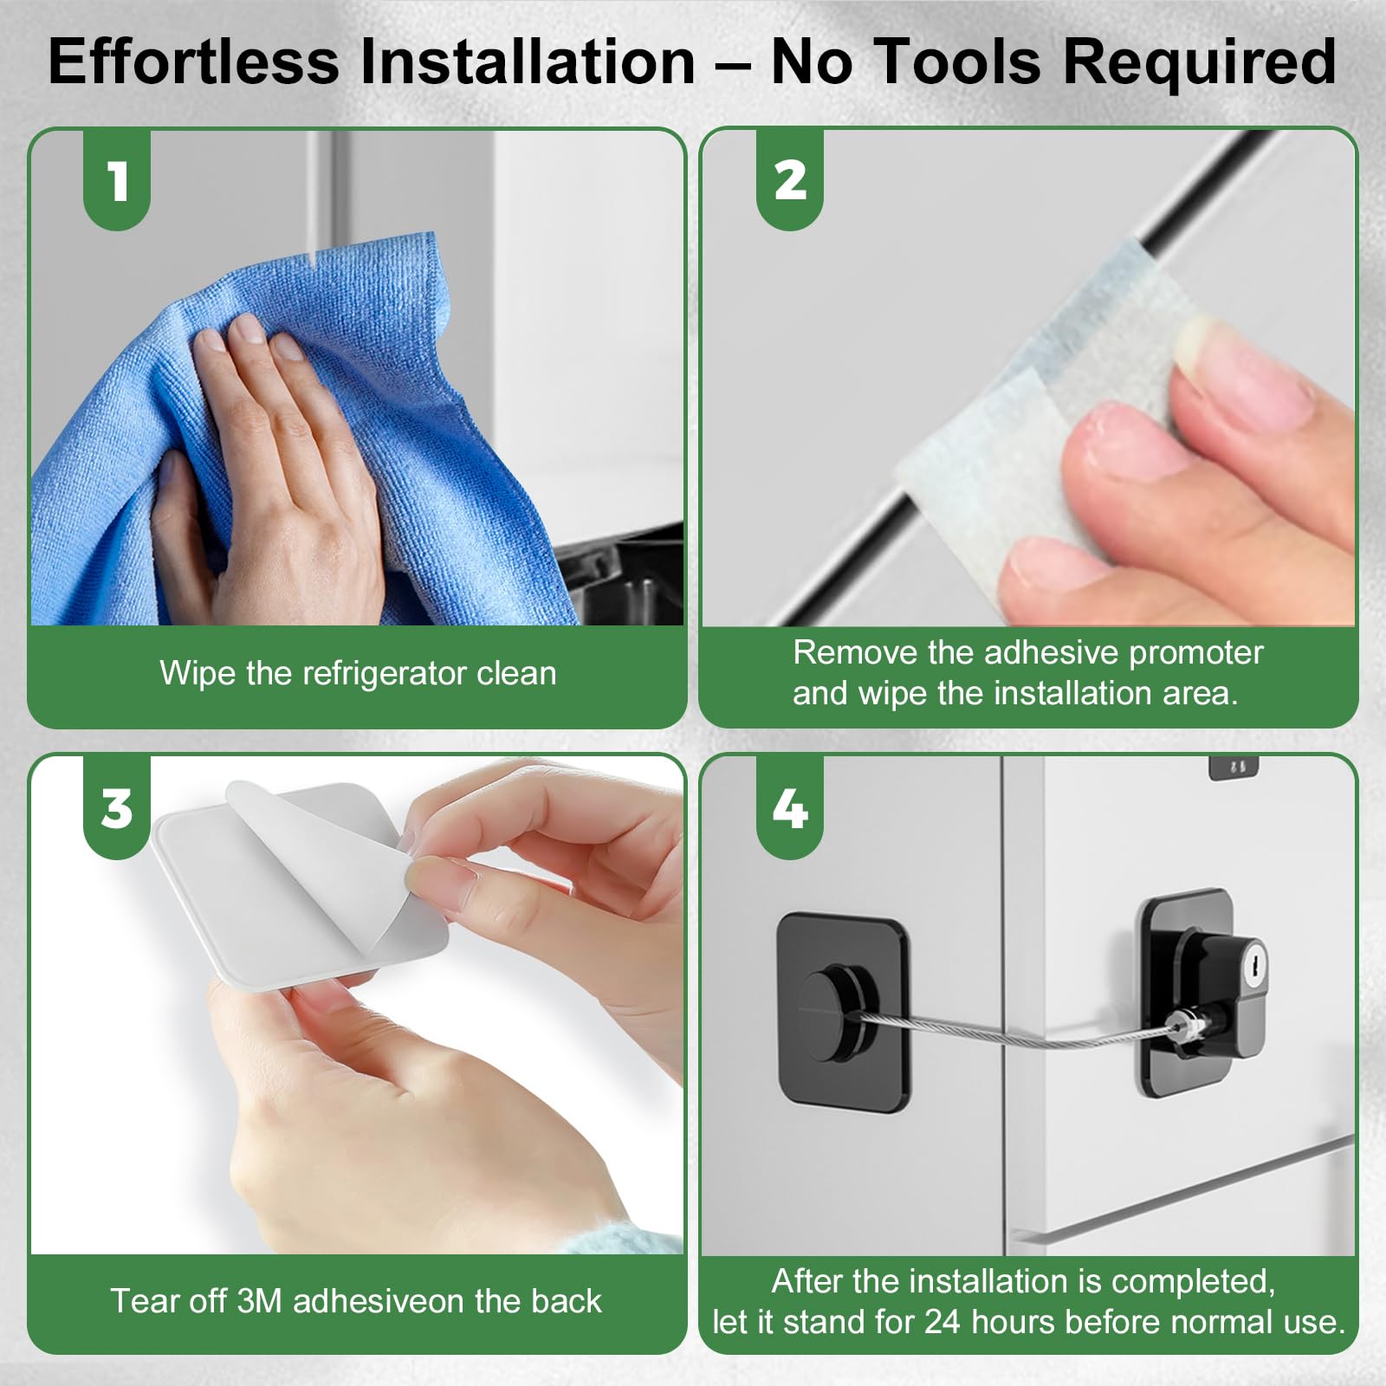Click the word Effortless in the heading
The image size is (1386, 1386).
point(193,62)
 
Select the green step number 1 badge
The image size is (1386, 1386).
point(117,181)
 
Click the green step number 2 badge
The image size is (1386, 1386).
point(790,181)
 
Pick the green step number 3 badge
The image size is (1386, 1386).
point(117,809)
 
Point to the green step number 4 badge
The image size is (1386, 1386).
point(790,809)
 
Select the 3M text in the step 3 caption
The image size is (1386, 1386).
point(259,1301)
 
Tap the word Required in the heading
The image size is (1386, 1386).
point(1200,62)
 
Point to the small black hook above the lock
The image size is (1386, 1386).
point(1233,767)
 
